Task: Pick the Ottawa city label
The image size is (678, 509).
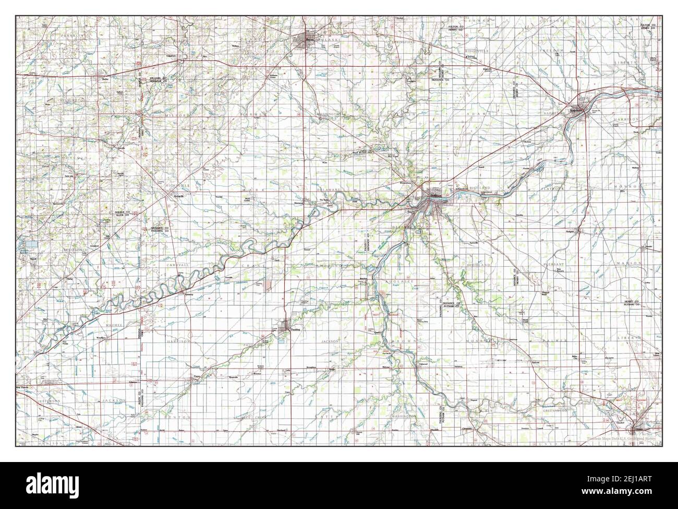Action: click(x=637, y=430)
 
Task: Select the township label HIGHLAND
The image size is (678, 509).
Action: click(x=478, y=265)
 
